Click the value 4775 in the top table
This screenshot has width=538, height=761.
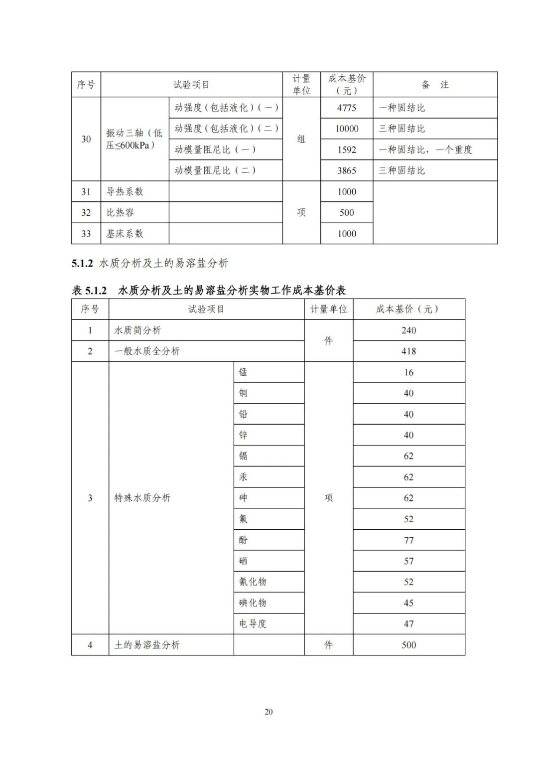click(x=347, y=108)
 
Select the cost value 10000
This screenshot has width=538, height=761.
click(x=347, y=129)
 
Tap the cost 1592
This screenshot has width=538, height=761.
click(x=347, y=150)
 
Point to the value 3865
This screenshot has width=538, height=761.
click(x=347, y=170)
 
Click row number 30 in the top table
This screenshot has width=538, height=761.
click(x=86, y=139)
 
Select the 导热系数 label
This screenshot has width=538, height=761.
click(x=125, y=192)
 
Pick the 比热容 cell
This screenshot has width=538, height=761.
click(x=120, y=213)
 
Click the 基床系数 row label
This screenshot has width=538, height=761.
click(x=125, y=234)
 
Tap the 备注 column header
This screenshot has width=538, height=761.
click(x=435, y=85)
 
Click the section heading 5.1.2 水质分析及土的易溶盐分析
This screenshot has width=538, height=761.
click(x=150, y=264)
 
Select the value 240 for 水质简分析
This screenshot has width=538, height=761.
click(x=408, y=330)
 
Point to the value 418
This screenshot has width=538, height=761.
click(x=408, y=351)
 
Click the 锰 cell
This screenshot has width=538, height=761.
click(x=243, y=372)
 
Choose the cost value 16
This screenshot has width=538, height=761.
click(x=408, y=372)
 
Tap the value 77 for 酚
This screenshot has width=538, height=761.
click(x=408, y=540)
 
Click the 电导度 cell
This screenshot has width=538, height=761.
click(x=253, y=624)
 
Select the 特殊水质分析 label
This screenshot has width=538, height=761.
click(x=142, y=498)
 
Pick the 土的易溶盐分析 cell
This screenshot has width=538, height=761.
click(x=147, y=645)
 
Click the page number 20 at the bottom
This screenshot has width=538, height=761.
click(x=269, y=712)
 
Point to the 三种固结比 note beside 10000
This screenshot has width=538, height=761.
click(x=402, y=129)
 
